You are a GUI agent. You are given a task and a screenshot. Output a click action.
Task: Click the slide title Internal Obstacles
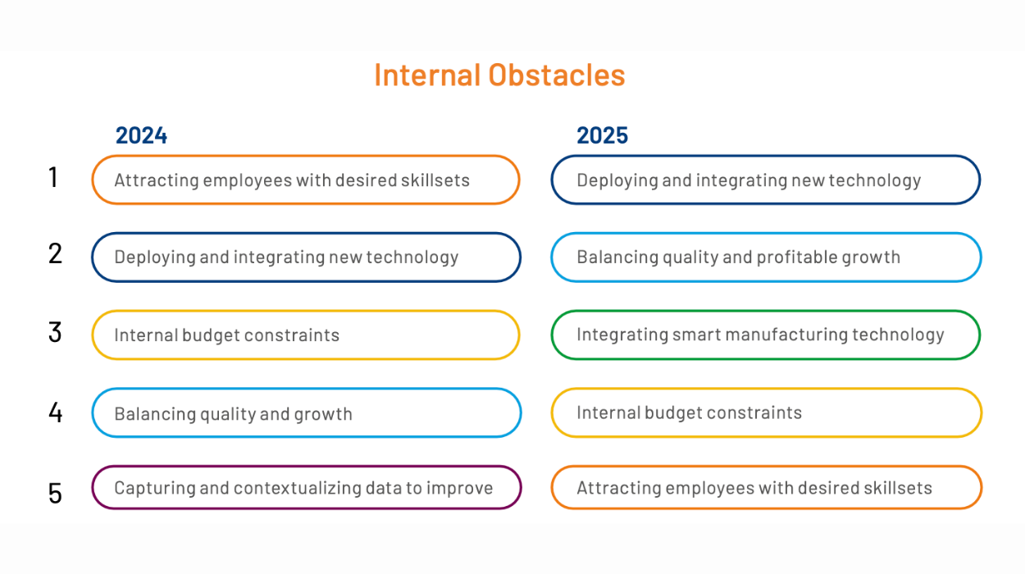tap(499, 75)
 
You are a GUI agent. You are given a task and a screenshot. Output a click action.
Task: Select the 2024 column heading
tap(141, 135)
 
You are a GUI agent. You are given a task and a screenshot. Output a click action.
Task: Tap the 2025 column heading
tap(602, 135)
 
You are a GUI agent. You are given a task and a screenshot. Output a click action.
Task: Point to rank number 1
tap(53, 177)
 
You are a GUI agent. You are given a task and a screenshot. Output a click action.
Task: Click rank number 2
tap(55, 253)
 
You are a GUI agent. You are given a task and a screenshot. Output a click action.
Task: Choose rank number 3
tap(55, 332)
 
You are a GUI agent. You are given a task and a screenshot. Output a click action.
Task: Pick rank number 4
tap(56, 412)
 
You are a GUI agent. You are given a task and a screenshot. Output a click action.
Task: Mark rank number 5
tap(55, 494)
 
